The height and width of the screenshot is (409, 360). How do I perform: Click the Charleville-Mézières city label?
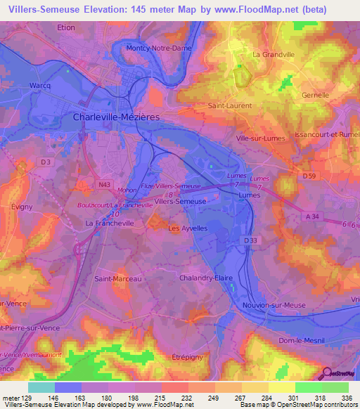coord(117,117)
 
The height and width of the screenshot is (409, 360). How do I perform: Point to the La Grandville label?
coord(274,54)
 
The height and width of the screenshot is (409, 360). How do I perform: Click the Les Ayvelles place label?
coord(188,228)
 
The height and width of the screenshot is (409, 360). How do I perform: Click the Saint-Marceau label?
coord(118,279)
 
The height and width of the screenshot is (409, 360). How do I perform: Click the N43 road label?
coord(105,184)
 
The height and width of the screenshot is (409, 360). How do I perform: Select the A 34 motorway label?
coord(312,216)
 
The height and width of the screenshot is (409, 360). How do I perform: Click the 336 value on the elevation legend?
coord(347,397)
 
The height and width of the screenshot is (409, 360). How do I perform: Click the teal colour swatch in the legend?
coord(41,387)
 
